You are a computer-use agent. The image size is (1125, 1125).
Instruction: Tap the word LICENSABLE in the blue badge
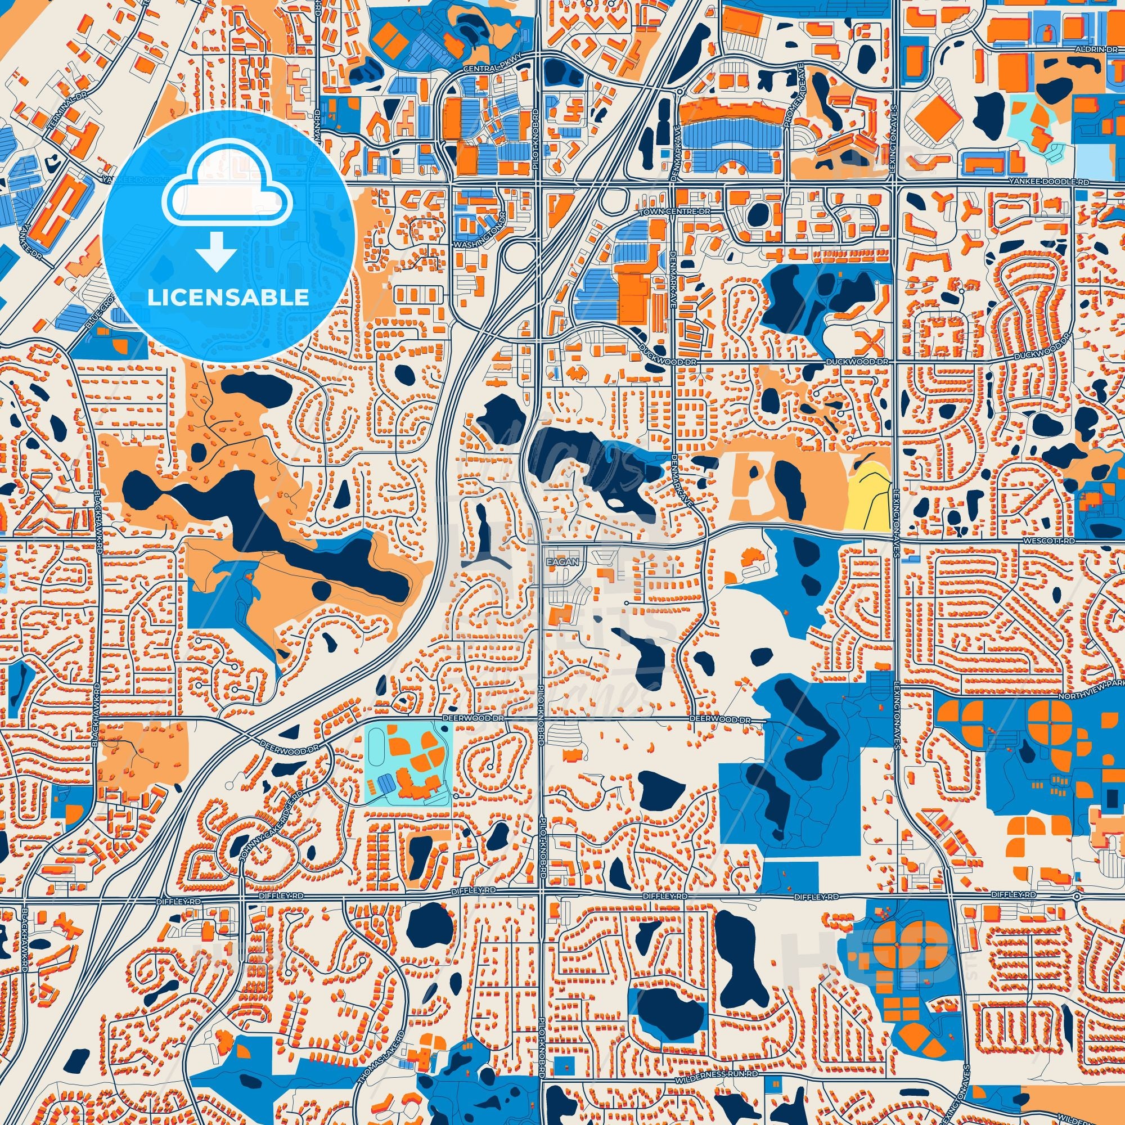228,298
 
